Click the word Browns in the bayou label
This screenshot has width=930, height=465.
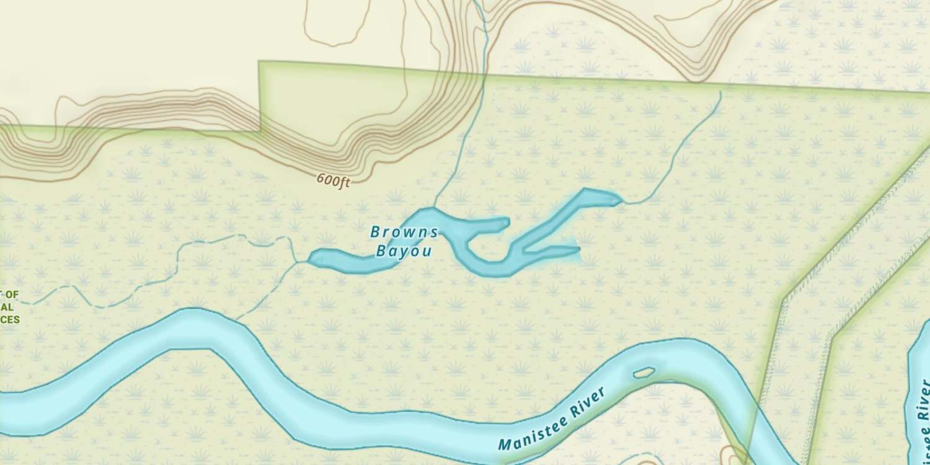click(404, 232)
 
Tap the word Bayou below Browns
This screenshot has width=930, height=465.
click(404, 252)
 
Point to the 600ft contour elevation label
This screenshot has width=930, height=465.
click(334, 180)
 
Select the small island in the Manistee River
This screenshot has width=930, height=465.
click(644, 373)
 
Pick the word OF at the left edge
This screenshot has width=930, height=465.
click(12, 295)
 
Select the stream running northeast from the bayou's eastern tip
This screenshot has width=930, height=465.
click(676, 161)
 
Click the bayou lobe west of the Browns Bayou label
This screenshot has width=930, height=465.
click(347, 260)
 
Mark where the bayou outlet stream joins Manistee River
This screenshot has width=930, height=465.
click(237, 321)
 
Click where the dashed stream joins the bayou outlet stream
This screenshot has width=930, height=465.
click(296, 262)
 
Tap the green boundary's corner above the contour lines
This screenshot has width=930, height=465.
click(259, 62)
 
